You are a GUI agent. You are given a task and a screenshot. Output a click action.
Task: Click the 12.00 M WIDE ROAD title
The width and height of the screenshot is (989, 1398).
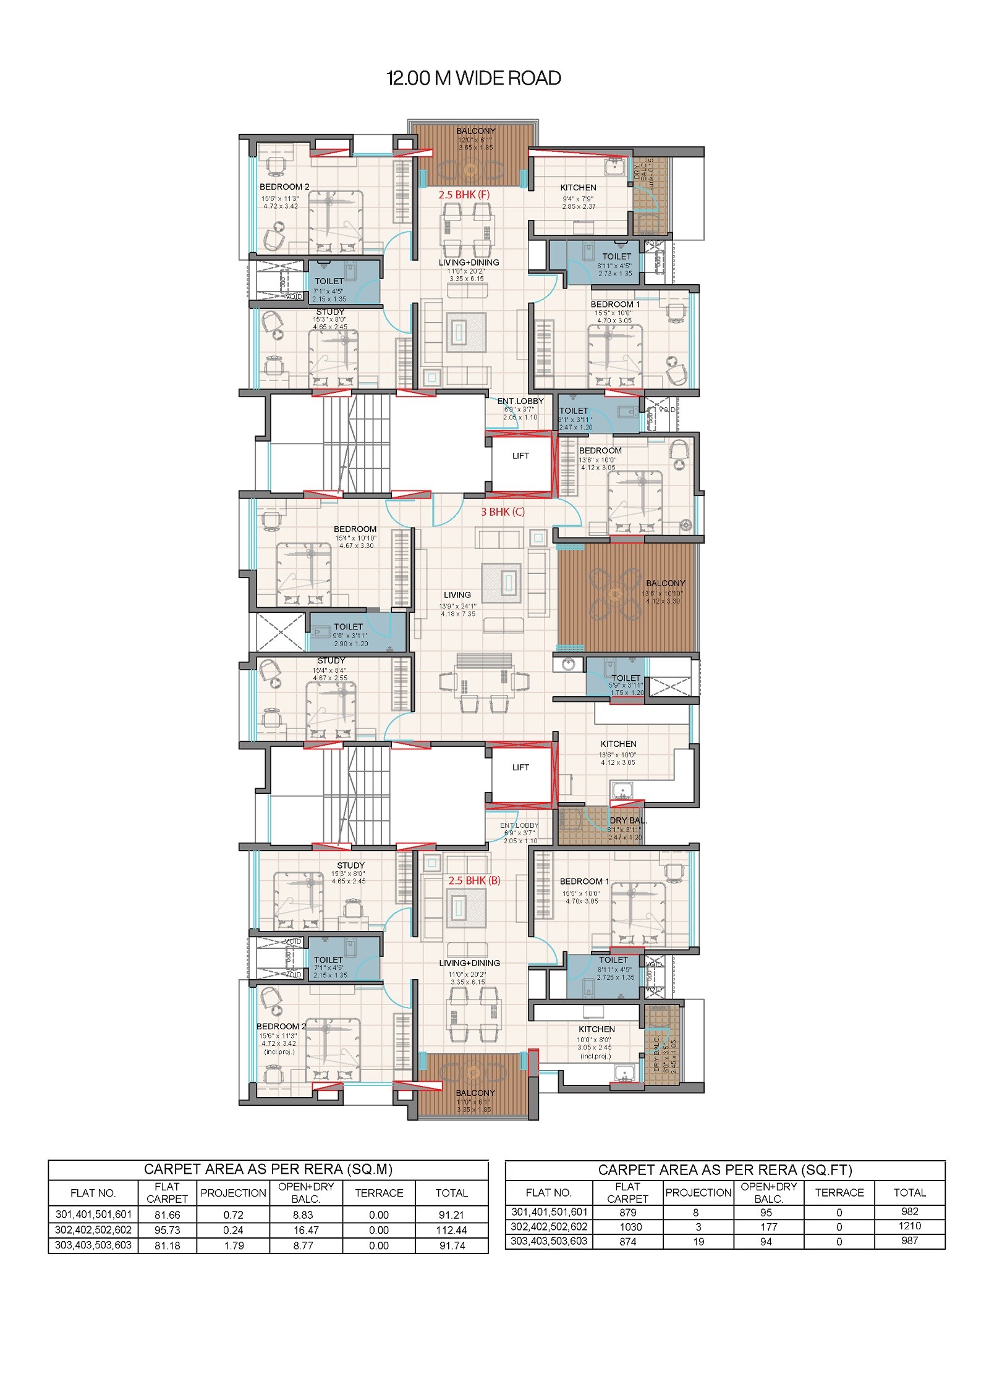click(473, 78)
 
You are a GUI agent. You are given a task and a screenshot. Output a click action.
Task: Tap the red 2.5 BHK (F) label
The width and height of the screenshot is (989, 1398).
click(464, 195)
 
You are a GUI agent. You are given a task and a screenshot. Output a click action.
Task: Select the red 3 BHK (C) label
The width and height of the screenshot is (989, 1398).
click(503, 512)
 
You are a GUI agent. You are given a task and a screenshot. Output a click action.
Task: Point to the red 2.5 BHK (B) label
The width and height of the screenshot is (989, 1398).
click(474, 880)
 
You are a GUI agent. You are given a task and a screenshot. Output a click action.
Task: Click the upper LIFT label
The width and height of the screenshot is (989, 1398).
click(520, 456)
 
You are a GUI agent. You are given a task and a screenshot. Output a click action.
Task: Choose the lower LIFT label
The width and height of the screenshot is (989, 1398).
click(520, 767)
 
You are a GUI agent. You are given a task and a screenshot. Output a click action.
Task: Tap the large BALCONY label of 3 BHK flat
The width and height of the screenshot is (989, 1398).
click(665, 583)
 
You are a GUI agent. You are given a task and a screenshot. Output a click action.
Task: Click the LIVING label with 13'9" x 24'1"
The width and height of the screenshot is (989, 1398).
click(457, 595)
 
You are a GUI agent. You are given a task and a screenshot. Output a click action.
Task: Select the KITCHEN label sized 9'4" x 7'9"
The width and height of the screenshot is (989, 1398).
click(578, 188)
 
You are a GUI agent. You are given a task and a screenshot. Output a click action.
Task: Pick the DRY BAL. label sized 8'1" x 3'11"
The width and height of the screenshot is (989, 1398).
click(628, 821)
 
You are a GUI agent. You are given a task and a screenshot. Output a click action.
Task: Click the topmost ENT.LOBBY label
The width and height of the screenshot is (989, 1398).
click(520, 402)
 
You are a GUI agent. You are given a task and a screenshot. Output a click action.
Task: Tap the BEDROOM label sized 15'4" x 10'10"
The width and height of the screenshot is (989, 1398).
click(355, 529)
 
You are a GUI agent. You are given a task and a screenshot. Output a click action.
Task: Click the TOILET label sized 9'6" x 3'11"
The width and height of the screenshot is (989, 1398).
click(349, 627)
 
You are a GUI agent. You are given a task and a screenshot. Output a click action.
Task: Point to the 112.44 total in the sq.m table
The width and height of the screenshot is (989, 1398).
click(451, 1230)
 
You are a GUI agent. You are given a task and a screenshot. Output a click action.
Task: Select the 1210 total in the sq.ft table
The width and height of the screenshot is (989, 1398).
click(909, 1226)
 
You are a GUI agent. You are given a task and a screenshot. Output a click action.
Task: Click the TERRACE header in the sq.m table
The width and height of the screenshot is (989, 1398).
click(379, 1193)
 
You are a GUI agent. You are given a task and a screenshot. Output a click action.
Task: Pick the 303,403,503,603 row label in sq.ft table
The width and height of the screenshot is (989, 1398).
click(548, 1240)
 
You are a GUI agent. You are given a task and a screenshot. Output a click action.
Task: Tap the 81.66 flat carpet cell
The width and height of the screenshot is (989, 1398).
click(167, 1215)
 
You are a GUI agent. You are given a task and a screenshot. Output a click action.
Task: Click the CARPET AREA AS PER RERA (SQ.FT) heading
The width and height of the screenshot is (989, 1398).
click(724, 1170)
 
